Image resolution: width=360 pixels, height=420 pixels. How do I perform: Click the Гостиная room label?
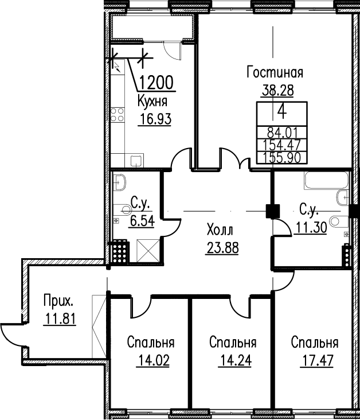click(x=275, y=73)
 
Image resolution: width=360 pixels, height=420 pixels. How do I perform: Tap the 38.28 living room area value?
click(x=277, y=91)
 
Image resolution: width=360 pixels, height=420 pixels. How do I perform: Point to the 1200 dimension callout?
click(x=157, y=83)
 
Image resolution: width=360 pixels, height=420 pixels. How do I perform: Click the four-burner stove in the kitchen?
click(x=118, y=115)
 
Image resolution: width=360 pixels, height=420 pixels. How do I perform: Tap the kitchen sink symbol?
click(x=137, y=161)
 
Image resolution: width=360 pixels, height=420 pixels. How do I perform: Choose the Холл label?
click(x=220, y=230)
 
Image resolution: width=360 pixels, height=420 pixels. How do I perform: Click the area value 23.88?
click(x=222, y=248)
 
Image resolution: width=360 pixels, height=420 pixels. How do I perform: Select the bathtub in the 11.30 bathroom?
click(x=326, y=181)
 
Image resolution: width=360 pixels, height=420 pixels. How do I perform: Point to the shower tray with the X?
click(x=148, y=251)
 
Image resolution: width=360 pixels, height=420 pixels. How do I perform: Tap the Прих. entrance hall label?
click(x=58, y=301)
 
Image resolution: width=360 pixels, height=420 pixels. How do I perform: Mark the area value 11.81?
click(x=60, y=319)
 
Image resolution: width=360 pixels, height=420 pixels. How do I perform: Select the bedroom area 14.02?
click(x=153, y=360)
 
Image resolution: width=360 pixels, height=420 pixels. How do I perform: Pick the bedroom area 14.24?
click(x=235, y=360)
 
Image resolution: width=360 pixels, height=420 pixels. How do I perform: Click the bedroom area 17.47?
click(x=318, y=360)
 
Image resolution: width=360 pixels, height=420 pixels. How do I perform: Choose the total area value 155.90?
click(x=282, y=158)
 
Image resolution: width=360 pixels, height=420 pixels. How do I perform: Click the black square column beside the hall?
click(x=273, y=211)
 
